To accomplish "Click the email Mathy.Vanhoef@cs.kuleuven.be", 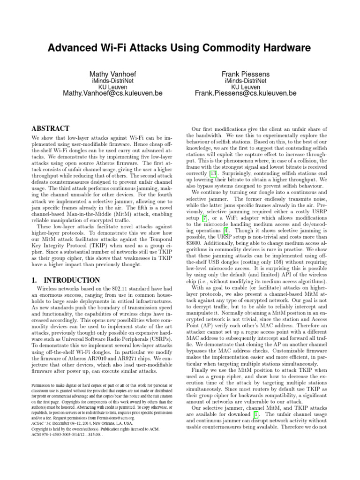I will [x=112, y=93].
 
